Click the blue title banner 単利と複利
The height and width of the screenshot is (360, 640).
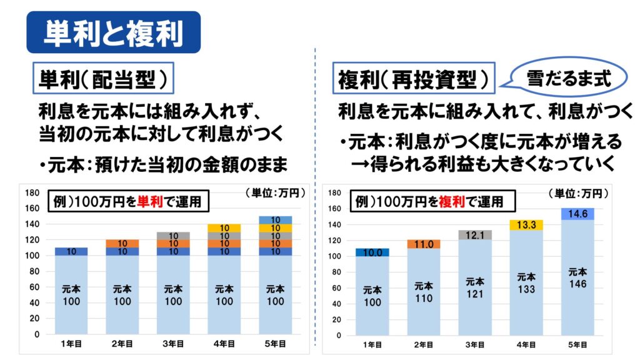113,32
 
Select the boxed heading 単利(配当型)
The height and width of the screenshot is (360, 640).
103,79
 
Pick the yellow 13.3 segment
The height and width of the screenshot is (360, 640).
526,224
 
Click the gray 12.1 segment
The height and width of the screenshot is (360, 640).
475,234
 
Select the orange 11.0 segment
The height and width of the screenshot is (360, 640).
424,244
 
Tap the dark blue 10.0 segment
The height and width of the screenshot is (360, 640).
372,252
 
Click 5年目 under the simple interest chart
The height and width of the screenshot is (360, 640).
275,343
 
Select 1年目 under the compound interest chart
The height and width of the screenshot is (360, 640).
372,344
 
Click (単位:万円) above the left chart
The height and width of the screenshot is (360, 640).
275,193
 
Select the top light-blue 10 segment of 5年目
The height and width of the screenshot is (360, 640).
275,219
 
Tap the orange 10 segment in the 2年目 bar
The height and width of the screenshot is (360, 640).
122,244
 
